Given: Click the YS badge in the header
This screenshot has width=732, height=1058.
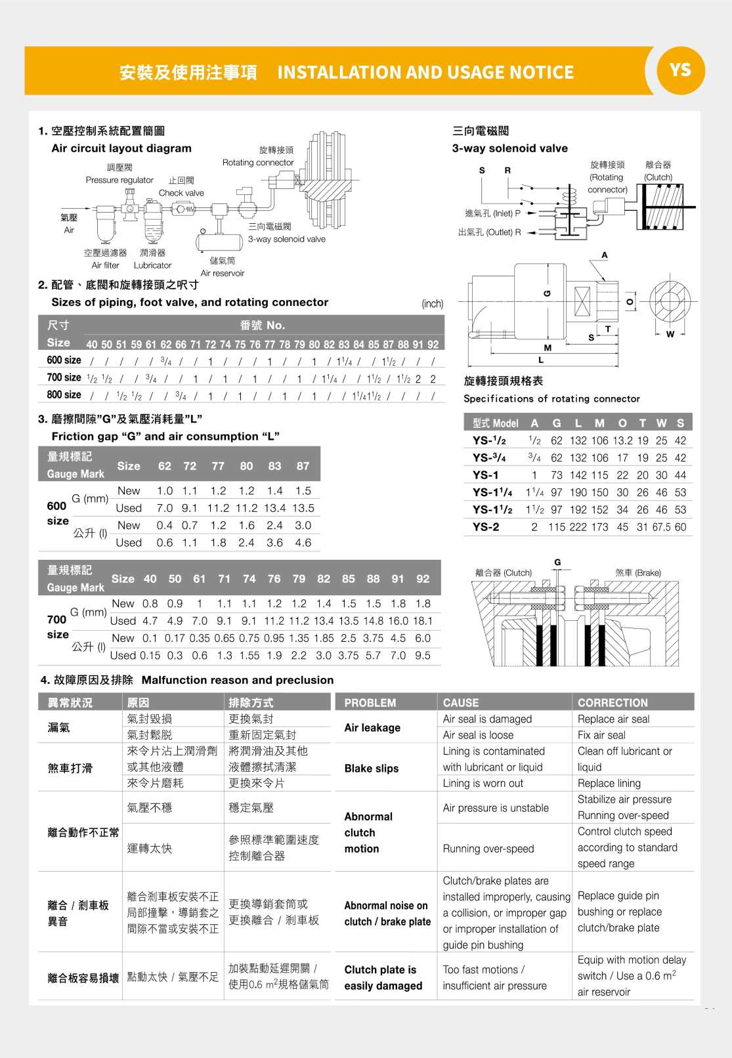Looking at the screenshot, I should (680, 70).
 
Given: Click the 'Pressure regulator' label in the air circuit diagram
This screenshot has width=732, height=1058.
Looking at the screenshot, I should (119, 180).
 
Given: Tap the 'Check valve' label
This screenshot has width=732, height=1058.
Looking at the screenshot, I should (181, 193).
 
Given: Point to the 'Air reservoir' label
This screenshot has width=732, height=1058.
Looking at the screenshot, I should (223, 273).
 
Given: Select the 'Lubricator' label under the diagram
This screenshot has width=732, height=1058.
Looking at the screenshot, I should (152, 265).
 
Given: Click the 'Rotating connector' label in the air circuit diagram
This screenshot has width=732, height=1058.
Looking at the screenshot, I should (258, 163).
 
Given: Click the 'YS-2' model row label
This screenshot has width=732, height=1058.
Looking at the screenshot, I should (486, 527).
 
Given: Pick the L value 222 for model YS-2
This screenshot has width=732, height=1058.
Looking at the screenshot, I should (578, 527).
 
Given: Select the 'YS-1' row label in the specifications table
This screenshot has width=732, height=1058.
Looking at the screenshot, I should (485, 475).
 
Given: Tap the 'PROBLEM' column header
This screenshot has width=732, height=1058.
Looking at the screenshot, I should (370, 702).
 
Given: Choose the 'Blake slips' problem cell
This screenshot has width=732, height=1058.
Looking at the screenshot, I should (372, 768).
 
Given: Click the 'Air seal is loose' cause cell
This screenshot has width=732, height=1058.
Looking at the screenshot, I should (478, 735).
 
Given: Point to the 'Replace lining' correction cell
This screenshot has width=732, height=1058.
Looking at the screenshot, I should (609, 783).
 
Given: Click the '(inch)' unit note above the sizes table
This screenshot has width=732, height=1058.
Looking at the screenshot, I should (432, 303).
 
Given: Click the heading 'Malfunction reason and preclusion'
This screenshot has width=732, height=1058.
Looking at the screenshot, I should (238, 680).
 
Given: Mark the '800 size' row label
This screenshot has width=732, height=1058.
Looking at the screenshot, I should (64, 395).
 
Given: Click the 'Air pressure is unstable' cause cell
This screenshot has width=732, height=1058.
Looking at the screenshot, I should (496, 808).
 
